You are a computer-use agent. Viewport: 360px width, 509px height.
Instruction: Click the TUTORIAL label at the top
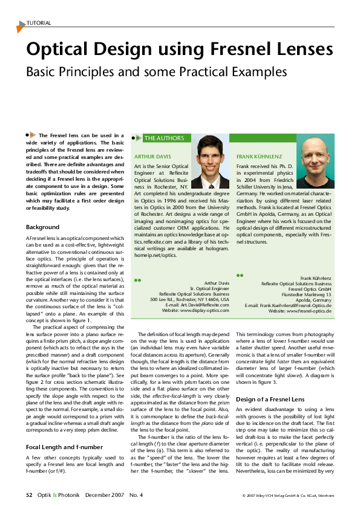(39, 23)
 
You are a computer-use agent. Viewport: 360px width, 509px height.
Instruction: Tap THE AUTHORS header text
(163, 138)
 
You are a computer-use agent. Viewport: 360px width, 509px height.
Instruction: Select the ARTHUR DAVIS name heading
(153, 156)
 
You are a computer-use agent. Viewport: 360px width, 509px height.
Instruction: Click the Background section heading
(42, 227)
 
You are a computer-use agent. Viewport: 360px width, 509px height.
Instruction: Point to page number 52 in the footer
(28, 494)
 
